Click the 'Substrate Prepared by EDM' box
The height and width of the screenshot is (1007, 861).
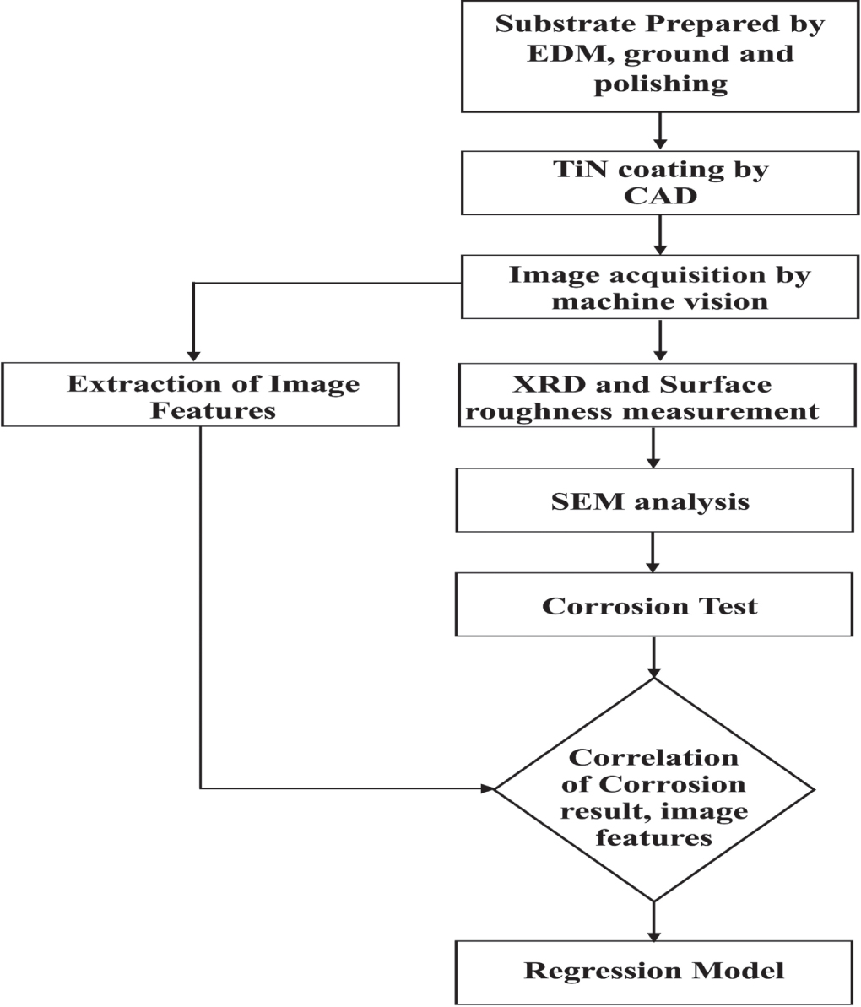point(660,56)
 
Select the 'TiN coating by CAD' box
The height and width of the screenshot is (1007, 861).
point(660,183)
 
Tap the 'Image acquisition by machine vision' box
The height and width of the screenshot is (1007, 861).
point(660,288)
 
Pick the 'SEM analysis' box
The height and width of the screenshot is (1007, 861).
point(654,501)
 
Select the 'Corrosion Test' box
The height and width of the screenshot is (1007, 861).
point(654,605)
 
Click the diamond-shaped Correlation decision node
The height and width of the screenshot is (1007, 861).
point(654,789)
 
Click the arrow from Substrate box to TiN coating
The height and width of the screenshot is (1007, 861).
point(661,132)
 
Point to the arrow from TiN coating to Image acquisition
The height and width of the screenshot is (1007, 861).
point(661,236)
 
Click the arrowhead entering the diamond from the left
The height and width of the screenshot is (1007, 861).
point(486,789)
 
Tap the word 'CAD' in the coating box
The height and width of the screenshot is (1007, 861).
point(660,196)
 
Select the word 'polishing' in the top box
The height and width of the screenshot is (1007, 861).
point(660,84)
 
